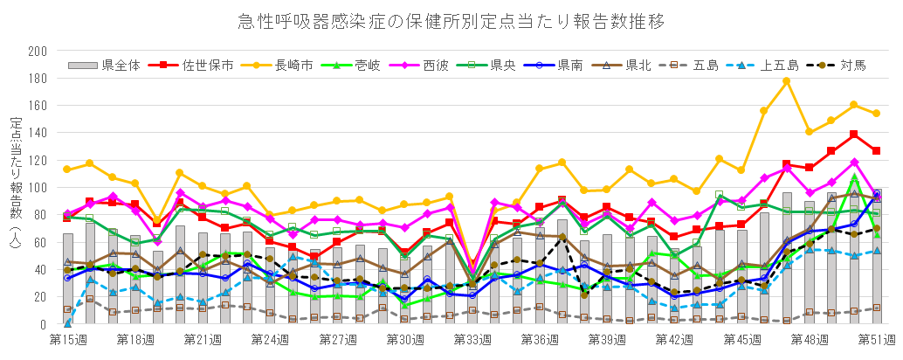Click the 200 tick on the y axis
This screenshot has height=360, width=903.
point(38,52)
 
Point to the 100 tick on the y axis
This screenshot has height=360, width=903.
point(38,188)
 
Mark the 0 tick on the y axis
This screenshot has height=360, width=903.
point(43,324)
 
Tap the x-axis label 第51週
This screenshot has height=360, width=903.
point(876,338)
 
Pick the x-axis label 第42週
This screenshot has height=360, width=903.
point(673,338)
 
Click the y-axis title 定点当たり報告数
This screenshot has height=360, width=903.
point(15,175)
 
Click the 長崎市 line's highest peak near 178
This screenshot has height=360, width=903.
point(786,81)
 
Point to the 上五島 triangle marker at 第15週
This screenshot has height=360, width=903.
point(68,323)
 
